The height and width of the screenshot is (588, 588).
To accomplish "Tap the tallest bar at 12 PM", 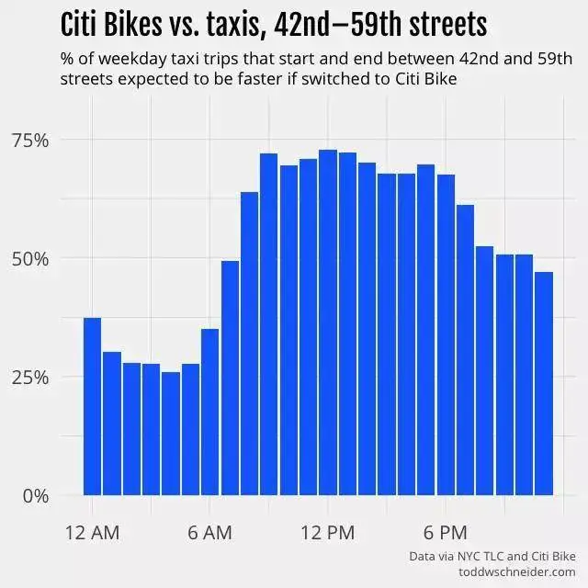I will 327,322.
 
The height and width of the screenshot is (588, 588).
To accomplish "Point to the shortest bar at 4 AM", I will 171,433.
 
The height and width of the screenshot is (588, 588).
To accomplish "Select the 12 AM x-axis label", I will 92,533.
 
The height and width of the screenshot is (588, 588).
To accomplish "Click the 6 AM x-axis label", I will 209,533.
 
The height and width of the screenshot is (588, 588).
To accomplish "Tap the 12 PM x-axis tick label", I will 327,533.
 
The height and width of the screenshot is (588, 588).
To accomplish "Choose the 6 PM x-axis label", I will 446,533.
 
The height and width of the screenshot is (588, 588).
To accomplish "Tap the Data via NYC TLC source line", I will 492,556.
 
